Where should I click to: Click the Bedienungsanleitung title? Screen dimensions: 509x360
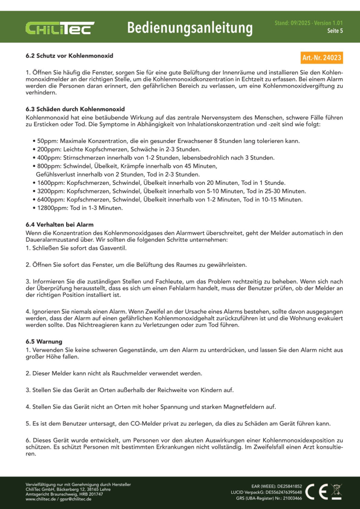(x=190, y=27)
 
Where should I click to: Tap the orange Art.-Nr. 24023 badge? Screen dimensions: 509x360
(x=321, y=58)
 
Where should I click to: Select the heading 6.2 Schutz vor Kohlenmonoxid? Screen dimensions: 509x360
(x=69, y=55)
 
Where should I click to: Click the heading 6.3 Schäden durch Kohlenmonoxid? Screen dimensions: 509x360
(x=75, y=109)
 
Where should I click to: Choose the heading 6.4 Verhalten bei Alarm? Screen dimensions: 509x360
(x=60, y=224)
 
